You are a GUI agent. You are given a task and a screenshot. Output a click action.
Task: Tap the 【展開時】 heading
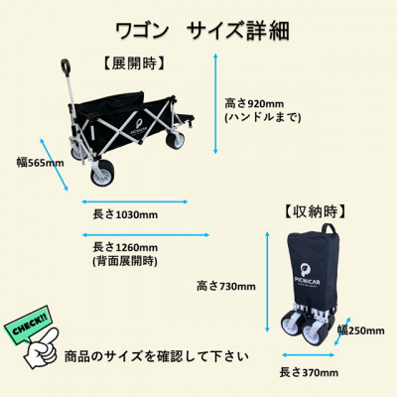coord(132,64)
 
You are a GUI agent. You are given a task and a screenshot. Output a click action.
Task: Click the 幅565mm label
coord(40,161)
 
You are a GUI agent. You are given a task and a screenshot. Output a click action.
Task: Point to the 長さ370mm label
coord(308,372)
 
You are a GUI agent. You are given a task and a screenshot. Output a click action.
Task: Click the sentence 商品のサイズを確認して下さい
coord(157,354)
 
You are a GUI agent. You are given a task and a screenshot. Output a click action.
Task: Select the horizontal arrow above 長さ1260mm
coord(145,233)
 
